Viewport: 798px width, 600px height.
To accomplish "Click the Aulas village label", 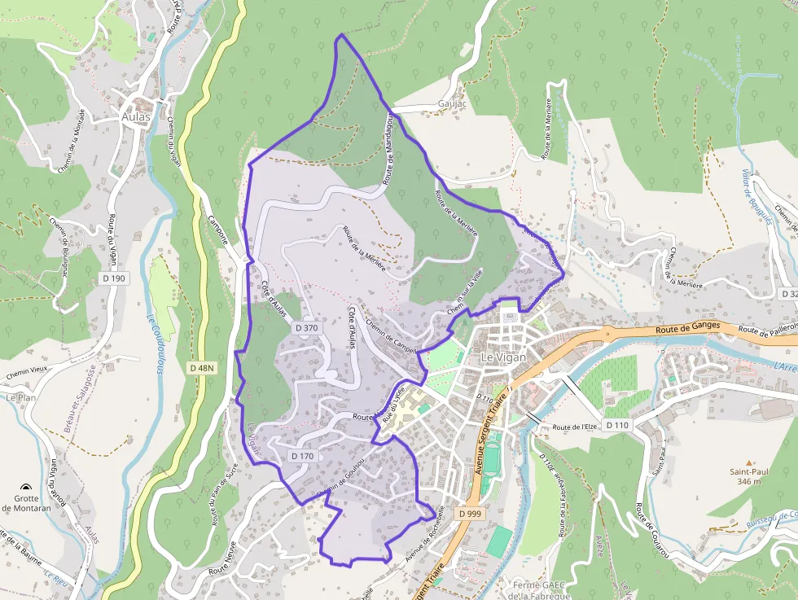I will (136, 116).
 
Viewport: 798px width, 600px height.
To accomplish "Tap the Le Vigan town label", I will (505, 357).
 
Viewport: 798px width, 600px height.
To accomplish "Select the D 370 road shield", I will (306, 327).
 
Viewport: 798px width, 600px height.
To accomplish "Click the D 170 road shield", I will (301, 456).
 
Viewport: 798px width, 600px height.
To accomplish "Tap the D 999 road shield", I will (470, 514).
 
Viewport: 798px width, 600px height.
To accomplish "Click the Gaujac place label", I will (451, 103).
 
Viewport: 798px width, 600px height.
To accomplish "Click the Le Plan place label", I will (21, 398).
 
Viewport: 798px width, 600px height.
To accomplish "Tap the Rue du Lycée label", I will (393, 405).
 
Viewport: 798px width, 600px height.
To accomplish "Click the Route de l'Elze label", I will (576, 427).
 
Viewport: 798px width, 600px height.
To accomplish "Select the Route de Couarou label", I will (651, 529).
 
